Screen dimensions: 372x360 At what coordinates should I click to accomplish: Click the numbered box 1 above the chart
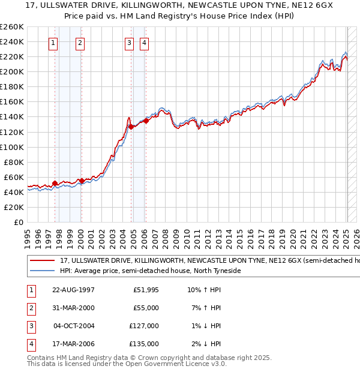tap(54, 43)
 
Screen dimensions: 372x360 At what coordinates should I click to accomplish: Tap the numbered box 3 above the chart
tap(129, 43)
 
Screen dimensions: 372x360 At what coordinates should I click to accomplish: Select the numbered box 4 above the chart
tap(145, 43)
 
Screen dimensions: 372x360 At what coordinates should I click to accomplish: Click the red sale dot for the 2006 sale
tap(146, 121)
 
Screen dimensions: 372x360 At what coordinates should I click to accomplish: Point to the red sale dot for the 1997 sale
tap(55, 183)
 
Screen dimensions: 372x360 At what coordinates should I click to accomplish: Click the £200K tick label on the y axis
tap(11, 71)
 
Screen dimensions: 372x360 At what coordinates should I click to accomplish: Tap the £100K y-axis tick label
tap(11, 147)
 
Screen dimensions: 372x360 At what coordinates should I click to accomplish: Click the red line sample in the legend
tap(42, 261)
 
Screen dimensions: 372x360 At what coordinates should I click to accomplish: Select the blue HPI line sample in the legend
tap(42, 271)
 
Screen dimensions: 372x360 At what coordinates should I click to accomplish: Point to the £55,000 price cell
tap(146, 308)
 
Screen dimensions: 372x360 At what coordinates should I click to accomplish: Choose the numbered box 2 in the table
tap(31, 308)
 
